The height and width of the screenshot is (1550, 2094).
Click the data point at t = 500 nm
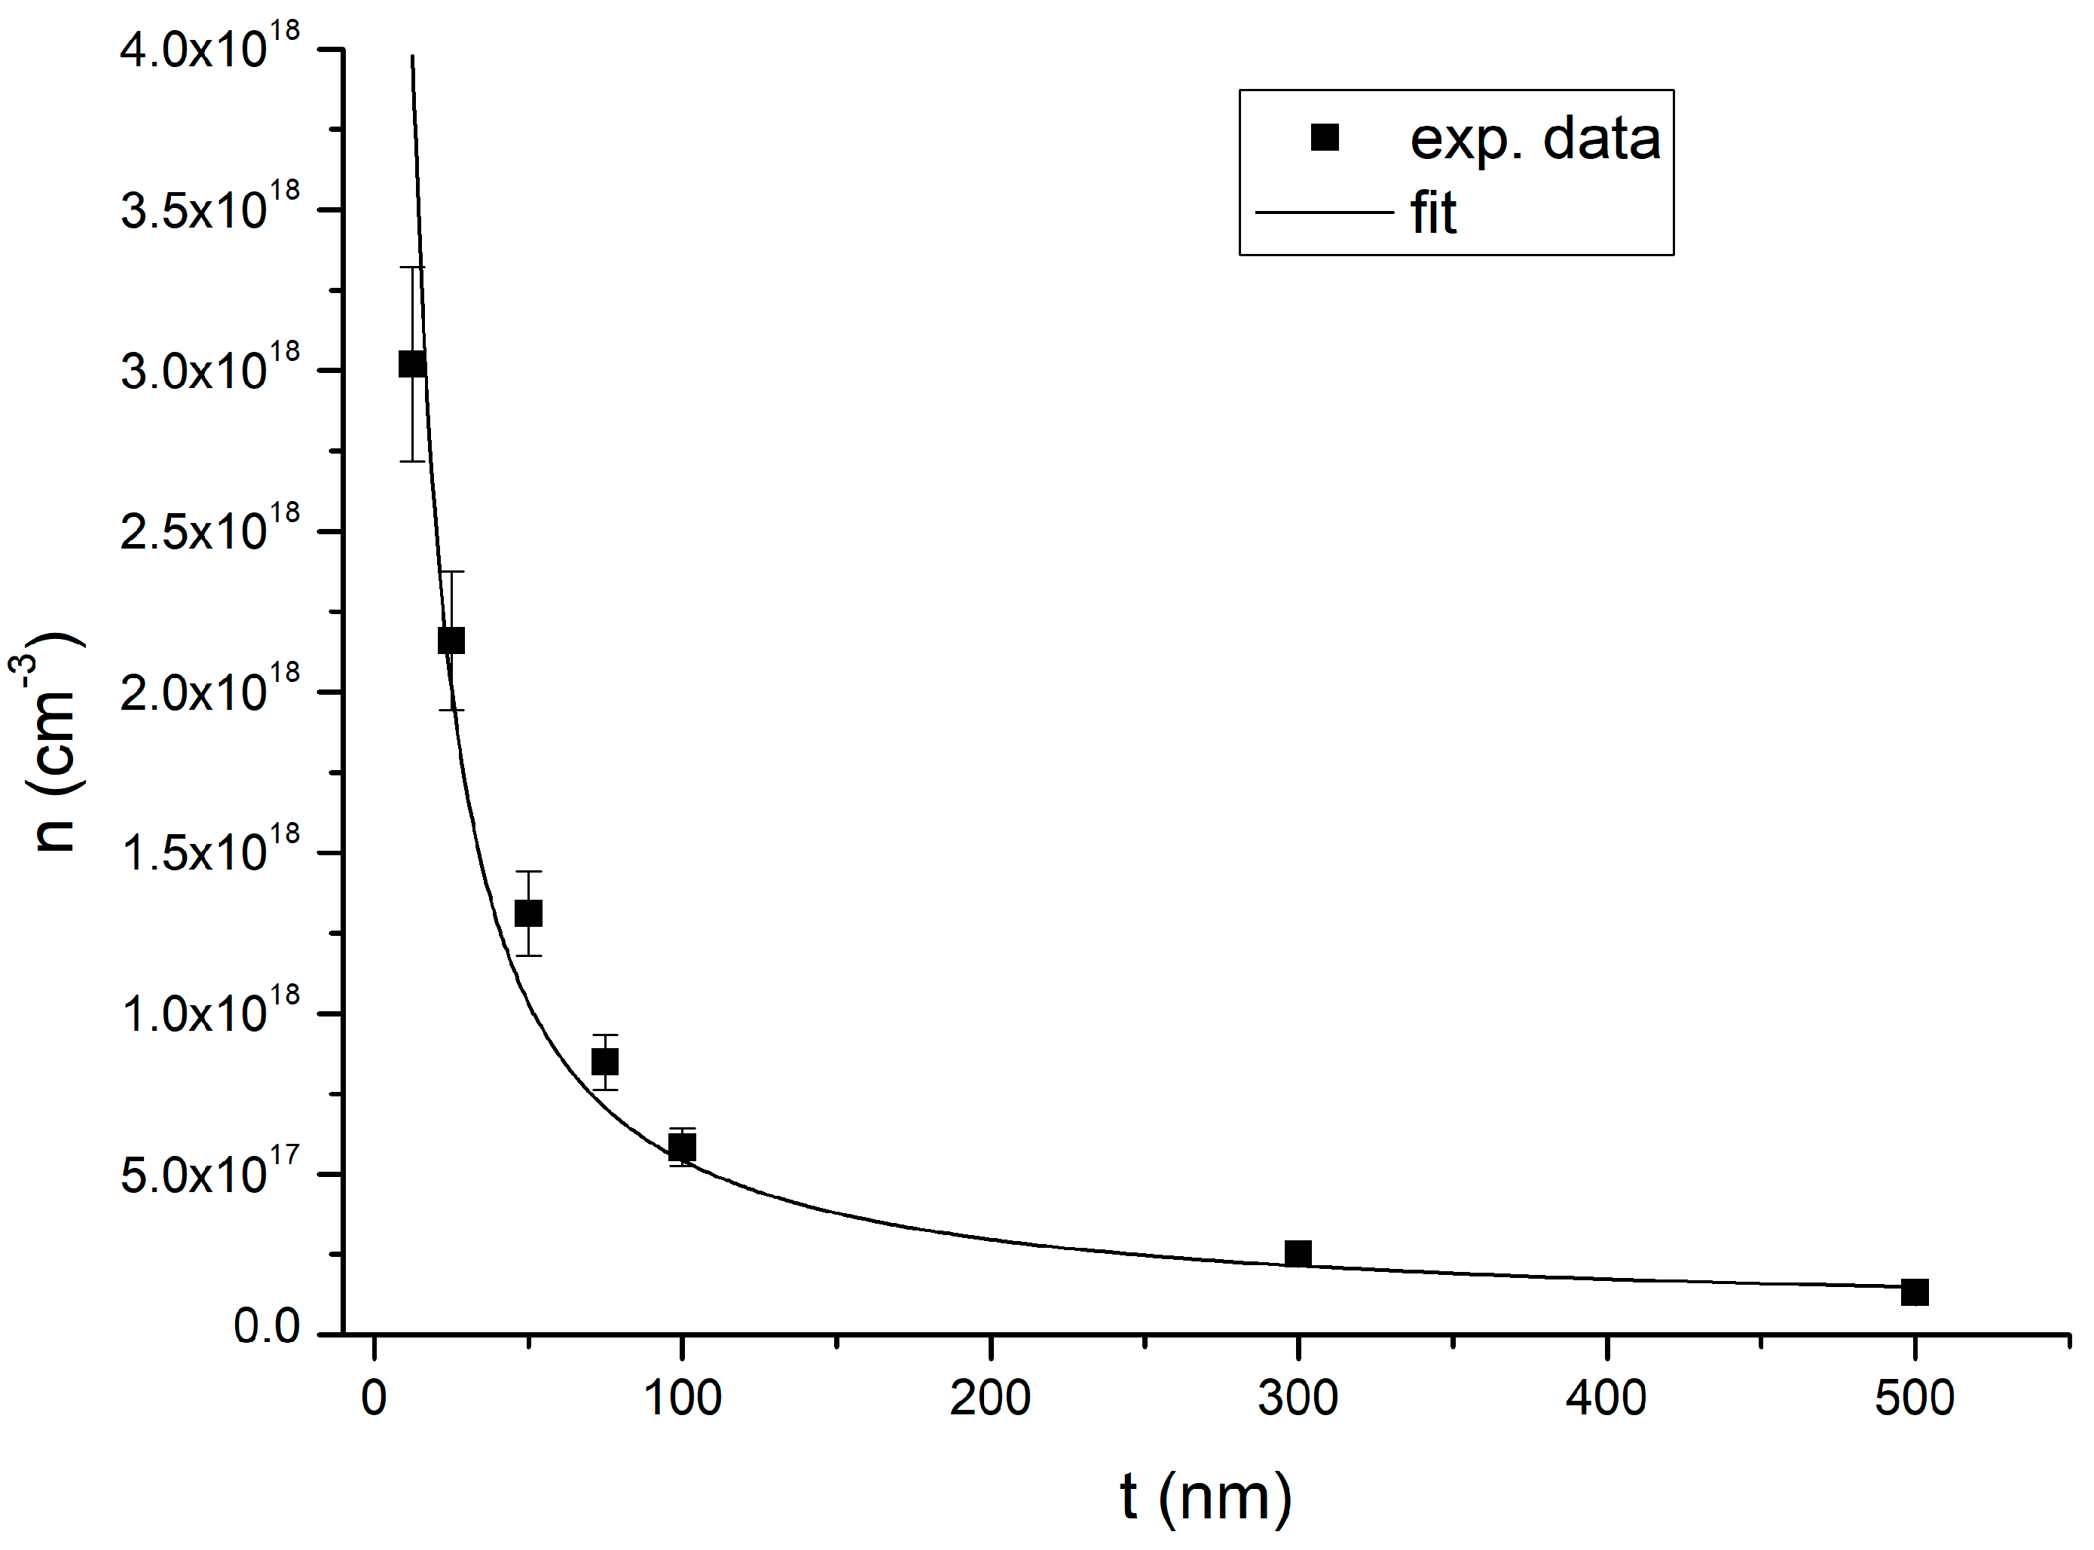(1914, 1292)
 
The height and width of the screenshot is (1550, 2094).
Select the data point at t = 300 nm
(1298, 1252)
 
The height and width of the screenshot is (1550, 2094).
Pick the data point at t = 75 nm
(605, 1061)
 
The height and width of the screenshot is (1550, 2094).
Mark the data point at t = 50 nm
(528, 913)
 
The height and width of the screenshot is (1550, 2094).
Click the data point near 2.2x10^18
(451, 640)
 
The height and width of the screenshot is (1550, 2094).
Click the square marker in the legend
(1324, 138)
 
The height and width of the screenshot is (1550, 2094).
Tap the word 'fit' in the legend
(1432, 213)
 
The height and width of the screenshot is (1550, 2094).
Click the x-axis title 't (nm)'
(1206, 1496)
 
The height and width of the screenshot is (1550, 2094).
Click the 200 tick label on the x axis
(990, 1398)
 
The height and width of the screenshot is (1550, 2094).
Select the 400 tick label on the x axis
(1606, 1398)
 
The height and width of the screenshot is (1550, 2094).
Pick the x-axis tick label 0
(374, 1398)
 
